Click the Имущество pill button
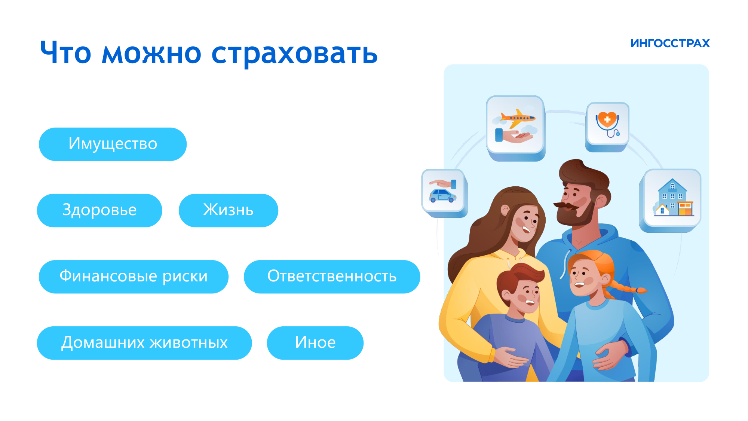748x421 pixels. point(113,144)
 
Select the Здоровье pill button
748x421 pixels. point(99,210)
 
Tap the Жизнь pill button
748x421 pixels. point(229,210)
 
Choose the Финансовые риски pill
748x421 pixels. point(134,277)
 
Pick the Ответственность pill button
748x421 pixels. point(332,277)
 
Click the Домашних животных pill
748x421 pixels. point(144,343)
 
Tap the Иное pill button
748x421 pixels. point(315,343)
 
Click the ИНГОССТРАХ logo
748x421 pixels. point(670,43)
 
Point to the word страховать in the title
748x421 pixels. point(295,54)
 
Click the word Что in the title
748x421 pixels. point(66,52)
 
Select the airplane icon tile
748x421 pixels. point(516,127)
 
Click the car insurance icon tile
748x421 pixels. point(444,192)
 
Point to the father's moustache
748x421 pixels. point(567,205)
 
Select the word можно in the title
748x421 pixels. point(152,54)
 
